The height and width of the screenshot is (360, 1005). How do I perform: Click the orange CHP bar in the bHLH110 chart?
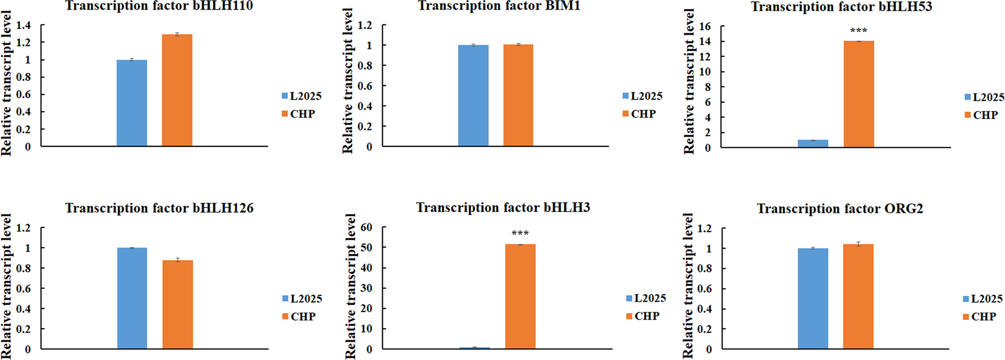click(x=177, y=90)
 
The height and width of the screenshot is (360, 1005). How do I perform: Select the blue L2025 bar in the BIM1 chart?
click(x=473, y=95)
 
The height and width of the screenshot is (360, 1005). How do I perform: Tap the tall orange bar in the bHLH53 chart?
click(x=859, y=94)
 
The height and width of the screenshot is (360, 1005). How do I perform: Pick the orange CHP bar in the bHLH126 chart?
click(x=178, y=304)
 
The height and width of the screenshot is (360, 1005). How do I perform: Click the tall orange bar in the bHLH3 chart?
click(x=520, y=296)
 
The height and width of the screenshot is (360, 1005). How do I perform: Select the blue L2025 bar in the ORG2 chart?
click(x=812, y=298)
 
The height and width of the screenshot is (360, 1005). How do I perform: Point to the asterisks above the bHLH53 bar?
click(x=859, y=31)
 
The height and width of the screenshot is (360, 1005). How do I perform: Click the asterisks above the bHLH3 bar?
click(x=520, y=233)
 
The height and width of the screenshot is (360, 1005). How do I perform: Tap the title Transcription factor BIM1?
click(x=499, y=6)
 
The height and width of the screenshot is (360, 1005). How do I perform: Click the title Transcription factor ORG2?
click(x=840, y=209)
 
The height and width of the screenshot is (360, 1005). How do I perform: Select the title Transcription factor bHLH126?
click(x=159, y=208)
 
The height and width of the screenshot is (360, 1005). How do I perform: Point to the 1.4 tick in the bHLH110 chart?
click(x=23, y=25)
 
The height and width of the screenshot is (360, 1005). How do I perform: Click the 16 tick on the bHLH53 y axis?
click(x=704, y=27)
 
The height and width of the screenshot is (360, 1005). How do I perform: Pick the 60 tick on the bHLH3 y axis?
click(x=366, y=227)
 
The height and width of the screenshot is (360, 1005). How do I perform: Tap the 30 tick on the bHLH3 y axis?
click(x=366, y=288)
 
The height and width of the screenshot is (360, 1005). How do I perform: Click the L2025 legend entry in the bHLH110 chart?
click(x=302, y=96)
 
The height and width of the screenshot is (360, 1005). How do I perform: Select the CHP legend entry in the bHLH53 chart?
click(x=981, y=115)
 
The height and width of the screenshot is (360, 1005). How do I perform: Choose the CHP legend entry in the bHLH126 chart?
click(x=299, y=317)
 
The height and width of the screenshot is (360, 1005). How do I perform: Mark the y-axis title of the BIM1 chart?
click(x=347, y=81)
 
